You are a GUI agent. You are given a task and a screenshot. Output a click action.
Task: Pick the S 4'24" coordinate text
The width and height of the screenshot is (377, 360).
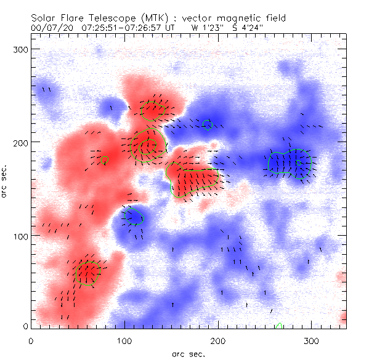246,28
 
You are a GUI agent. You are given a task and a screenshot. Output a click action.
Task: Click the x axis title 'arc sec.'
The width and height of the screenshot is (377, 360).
188,354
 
